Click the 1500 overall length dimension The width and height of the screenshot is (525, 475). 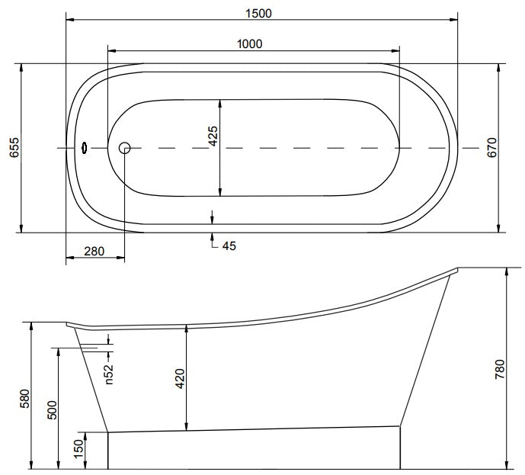258,14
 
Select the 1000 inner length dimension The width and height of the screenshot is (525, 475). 250,44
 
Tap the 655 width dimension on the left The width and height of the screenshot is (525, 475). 14,147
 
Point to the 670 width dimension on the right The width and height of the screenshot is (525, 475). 491,147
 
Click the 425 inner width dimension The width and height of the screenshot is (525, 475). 213,136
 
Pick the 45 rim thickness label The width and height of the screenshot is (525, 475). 229,246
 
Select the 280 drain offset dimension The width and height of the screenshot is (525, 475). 94,252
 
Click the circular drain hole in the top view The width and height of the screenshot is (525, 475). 124,148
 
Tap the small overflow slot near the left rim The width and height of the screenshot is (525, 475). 85,147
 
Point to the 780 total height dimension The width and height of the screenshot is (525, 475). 499,369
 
